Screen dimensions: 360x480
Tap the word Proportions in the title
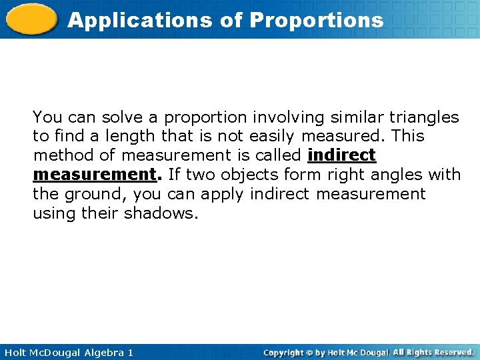coord(317,21)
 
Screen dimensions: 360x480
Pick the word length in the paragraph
coord(132,137)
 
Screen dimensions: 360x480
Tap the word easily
coord(273,137)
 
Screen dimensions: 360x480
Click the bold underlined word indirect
coord(341,156)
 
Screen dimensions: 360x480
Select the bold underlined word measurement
coord(93,175)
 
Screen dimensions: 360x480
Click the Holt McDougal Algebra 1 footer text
coord(67,352)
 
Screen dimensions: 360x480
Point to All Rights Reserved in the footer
coord(433,352)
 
